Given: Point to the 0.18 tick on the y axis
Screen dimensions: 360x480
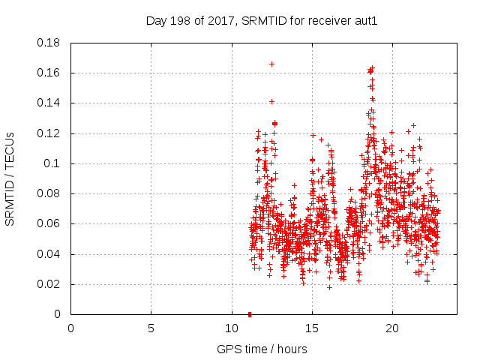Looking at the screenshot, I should pyautogui.click(x=49, y=43).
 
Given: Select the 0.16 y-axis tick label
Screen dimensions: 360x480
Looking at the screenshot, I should pyautogui.click(x=49, y=73).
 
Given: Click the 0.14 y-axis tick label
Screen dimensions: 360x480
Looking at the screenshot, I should pyautogui.click(x=49, y=103).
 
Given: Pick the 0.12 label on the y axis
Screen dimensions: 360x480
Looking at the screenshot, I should pyautogui.click(x=49, y=133).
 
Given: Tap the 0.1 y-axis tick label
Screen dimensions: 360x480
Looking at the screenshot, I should pyautogui.click(x=54, y=163).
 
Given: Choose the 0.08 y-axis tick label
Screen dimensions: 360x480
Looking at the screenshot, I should pyautogui.click(x=49, y=193).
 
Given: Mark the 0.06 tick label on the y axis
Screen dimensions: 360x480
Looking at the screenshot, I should pyautogui.click(x=49, y=223).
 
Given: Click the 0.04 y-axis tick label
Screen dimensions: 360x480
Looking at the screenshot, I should pyautogui.click(x=49, y=254).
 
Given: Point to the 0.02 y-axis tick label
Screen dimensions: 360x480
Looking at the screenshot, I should pyautogui.click(x=49, y=284).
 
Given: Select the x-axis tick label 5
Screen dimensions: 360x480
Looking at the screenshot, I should pyautogui.click(x=151, y=328).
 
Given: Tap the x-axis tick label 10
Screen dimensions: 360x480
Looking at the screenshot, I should pyautogui.click(x=231, y=328).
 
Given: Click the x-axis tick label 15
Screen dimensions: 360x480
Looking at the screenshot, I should pyautogui.click(x=311, y=328).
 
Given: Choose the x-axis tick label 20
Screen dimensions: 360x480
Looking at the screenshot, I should pyautogui.click(x=391, y=328).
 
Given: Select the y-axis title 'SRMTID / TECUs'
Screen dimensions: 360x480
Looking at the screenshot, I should pyautogui.click(x=10, y=178).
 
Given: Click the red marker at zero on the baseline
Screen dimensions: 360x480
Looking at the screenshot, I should pyautogui.click(x=250, y=313).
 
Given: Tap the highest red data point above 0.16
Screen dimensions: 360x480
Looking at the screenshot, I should pyautogui.click(x=271, y=64).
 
